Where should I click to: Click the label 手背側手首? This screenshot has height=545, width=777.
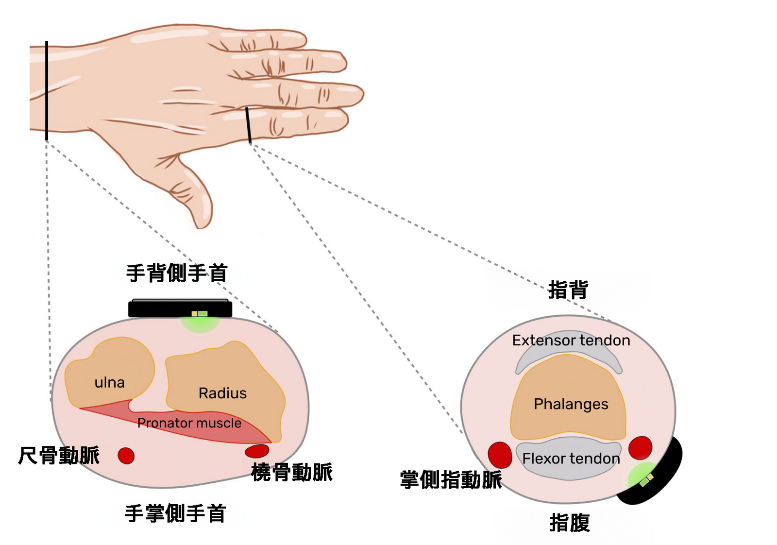[x=177, y=273]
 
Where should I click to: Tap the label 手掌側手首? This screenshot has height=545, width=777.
[x=175, y=513]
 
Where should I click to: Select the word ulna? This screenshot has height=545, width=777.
[x=110, y=383]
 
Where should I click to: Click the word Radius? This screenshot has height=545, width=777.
[x=222, y=393]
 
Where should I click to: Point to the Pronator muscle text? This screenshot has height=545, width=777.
[x=189, y=423]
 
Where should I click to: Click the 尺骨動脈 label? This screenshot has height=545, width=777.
[x=59, y=456]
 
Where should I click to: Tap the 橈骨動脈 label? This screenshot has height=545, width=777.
[x=292, y=472]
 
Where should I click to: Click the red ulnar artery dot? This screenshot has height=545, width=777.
[x=126, y=456]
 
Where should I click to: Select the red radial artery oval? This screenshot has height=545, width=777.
[x=257, y=451]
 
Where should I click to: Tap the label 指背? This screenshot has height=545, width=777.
[x=568, y=290]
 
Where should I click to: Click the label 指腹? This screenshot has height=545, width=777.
[x=570, y=523]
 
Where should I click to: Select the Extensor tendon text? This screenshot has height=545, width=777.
[x=571, y=341]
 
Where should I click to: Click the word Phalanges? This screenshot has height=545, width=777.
[x=571, y=404]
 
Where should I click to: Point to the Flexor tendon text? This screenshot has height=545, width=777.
[x=571, y=459]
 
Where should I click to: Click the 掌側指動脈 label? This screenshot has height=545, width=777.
[x=451, y=480]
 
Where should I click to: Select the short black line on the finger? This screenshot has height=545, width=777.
[x=248, y=125]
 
